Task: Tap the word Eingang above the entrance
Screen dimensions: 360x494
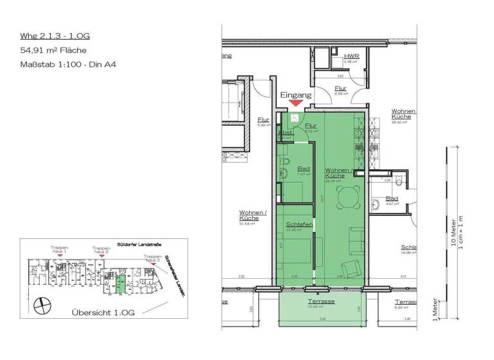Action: pyautogui.click(x=296, y=94)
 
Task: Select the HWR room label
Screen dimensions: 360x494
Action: pyautogui.click(x=351, y=57)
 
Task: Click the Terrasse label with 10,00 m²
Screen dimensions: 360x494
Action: pyautogui.click(x=320, y=301)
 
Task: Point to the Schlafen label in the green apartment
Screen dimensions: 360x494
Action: pyautogui.click(x=299, y=224)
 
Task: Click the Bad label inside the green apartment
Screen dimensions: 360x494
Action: pyautogui.click(x=304, y=169)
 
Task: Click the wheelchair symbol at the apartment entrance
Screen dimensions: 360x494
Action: pyautogui.click(x=293, y=118)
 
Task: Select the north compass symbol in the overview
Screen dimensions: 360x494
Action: pyautogui.click(x=42, y=303)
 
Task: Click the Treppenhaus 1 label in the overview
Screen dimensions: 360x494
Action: pyautogui.click(x=59, y=249)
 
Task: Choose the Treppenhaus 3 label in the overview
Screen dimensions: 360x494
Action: pyautogui.click(x=153, y=258)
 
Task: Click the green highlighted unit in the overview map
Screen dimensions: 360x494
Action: pyautogui.click(x=120, y=283)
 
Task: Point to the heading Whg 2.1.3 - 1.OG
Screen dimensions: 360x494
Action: pyautogui.click(x=50, y=37)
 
